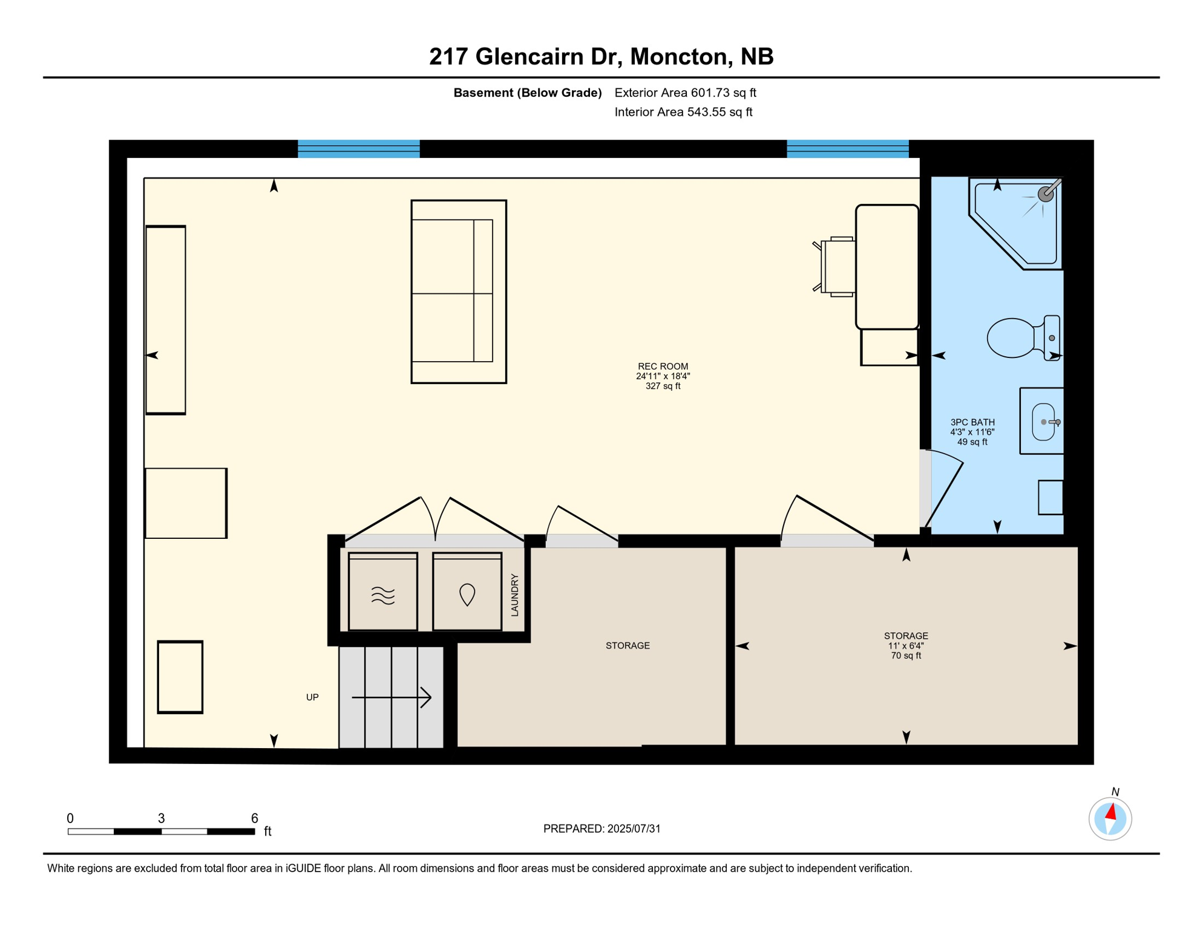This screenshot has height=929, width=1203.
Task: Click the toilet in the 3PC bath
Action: [1021, 338]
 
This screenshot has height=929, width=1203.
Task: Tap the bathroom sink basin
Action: [1043, 422]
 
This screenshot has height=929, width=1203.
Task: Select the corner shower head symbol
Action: [1046, 194]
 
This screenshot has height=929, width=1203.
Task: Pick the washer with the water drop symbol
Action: [467, 592]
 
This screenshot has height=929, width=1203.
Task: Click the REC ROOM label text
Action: [663, 367]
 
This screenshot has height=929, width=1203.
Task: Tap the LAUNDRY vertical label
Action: [515, 595]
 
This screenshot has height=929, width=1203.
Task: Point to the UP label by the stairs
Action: [312, 697]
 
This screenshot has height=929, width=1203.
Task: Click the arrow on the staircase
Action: [392, 697]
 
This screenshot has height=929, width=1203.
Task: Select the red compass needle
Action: [1111, 812]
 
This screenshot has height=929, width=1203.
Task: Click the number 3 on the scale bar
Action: [161, 818]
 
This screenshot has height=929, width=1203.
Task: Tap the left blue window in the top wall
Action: [359, 149]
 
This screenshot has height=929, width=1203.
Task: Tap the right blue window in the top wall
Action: [847, 149]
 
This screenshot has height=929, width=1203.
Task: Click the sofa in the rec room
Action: [458, 292]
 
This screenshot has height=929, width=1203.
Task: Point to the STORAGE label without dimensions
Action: [628, 646]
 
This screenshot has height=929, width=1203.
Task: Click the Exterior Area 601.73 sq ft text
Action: [685, 93]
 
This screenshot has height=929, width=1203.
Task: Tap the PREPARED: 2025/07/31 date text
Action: [601, 829]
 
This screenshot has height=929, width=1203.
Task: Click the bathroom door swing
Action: [944, 490]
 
